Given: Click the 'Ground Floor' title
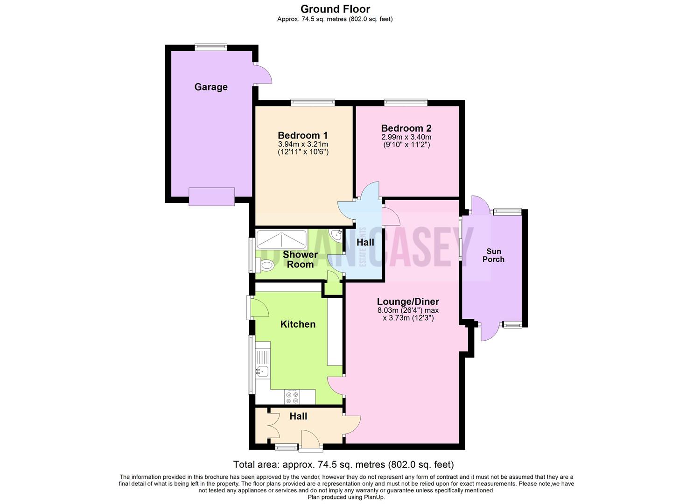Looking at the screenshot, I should click(335, 9).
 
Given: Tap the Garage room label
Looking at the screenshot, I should click(211, 87).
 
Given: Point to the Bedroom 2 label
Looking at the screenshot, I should click(406, 128).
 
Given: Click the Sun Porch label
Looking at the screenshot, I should click(493, 255).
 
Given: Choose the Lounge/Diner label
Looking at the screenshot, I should click(408, 301).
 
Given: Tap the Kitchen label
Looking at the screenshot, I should click(298, 324).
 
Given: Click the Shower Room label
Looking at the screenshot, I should click(300, 259).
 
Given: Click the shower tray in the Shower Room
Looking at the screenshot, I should click(281, 239).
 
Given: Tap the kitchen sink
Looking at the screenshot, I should click(262, 371).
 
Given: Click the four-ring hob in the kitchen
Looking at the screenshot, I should click(293, 397).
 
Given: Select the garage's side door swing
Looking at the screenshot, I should click(263, 74).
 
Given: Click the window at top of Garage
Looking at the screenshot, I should click(211, 47).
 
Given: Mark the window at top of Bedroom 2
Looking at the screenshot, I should click(406, 102).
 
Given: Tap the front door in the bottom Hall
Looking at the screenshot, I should click(310, 441).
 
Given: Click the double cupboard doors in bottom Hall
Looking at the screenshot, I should click(273, 425).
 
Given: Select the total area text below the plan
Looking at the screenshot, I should click(343, 464).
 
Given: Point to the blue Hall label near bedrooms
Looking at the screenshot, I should click(365, 242).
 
